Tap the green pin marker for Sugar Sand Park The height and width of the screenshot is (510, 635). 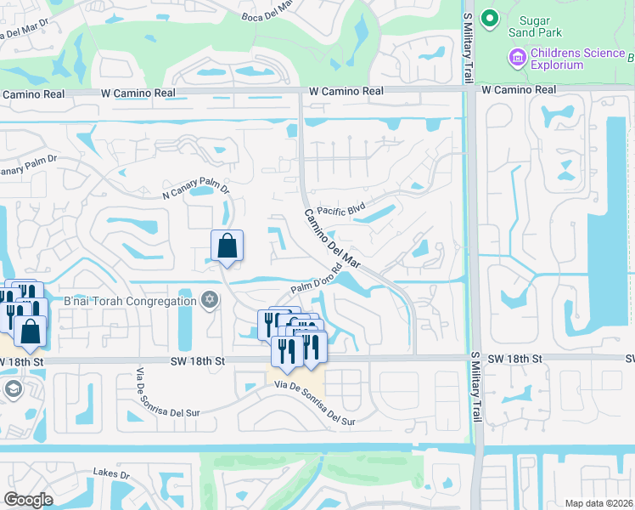(488, 18)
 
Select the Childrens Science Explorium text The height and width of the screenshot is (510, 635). (577, 59)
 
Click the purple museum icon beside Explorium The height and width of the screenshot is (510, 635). (516, 58)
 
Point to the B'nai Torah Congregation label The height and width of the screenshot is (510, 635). (131, 301)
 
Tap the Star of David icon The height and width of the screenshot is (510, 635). (210, 300)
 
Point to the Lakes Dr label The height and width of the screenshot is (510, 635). (111, 473)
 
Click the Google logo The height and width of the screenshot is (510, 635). (29, 499)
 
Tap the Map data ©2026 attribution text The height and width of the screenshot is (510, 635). (598, 503)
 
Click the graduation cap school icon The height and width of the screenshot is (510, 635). (13, 389)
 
